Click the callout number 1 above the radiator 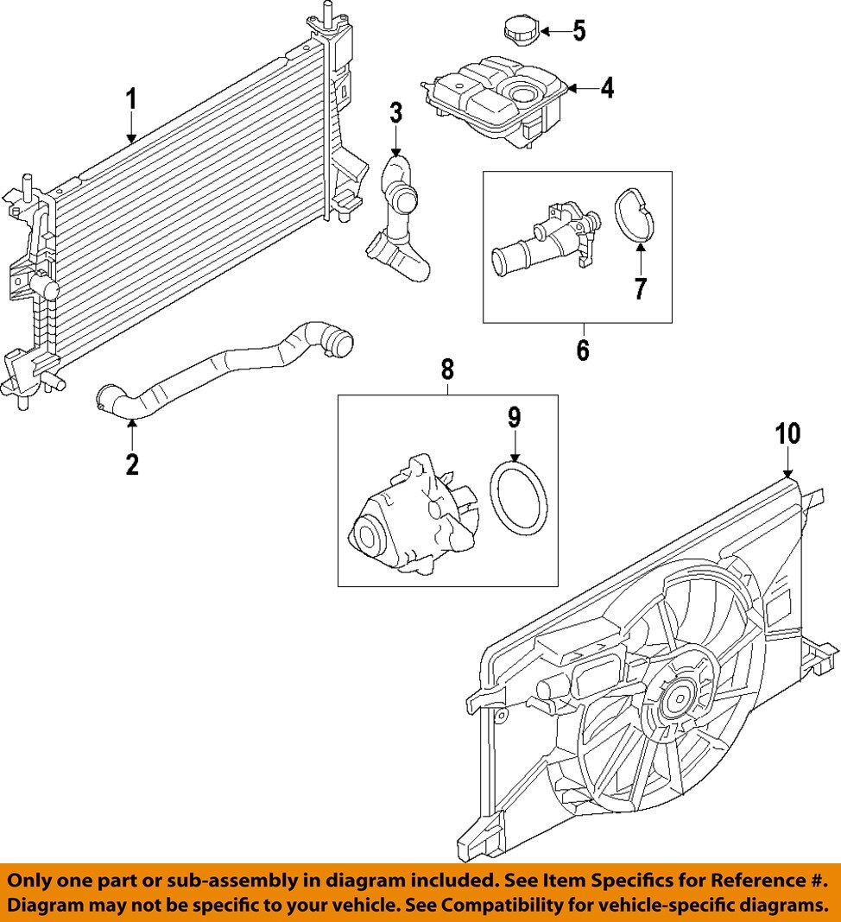[131, 100]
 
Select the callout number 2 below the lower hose [131, 464]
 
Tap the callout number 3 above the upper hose [395, 112]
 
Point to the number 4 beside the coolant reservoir [607, 88]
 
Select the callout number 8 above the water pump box [447, 369]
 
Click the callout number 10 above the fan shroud [787, 434]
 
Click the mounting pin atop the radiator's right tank [327, 13]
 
